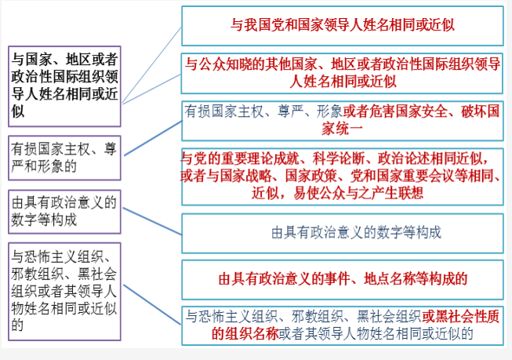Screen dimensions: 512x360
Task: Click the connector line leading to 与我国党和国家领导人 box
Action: (x=152, y=65)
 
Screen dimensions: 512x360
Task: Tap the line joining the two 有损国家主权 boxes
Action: (x=153, y=138)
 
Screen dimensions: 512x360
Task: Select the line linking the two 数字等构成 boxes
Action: (x=152, y=221)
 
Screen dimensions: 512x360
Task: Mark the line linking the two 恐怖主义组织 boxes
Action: (x=152, y=305)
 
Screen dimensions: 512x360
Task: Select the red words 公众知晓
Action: (x=225, y=64)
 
